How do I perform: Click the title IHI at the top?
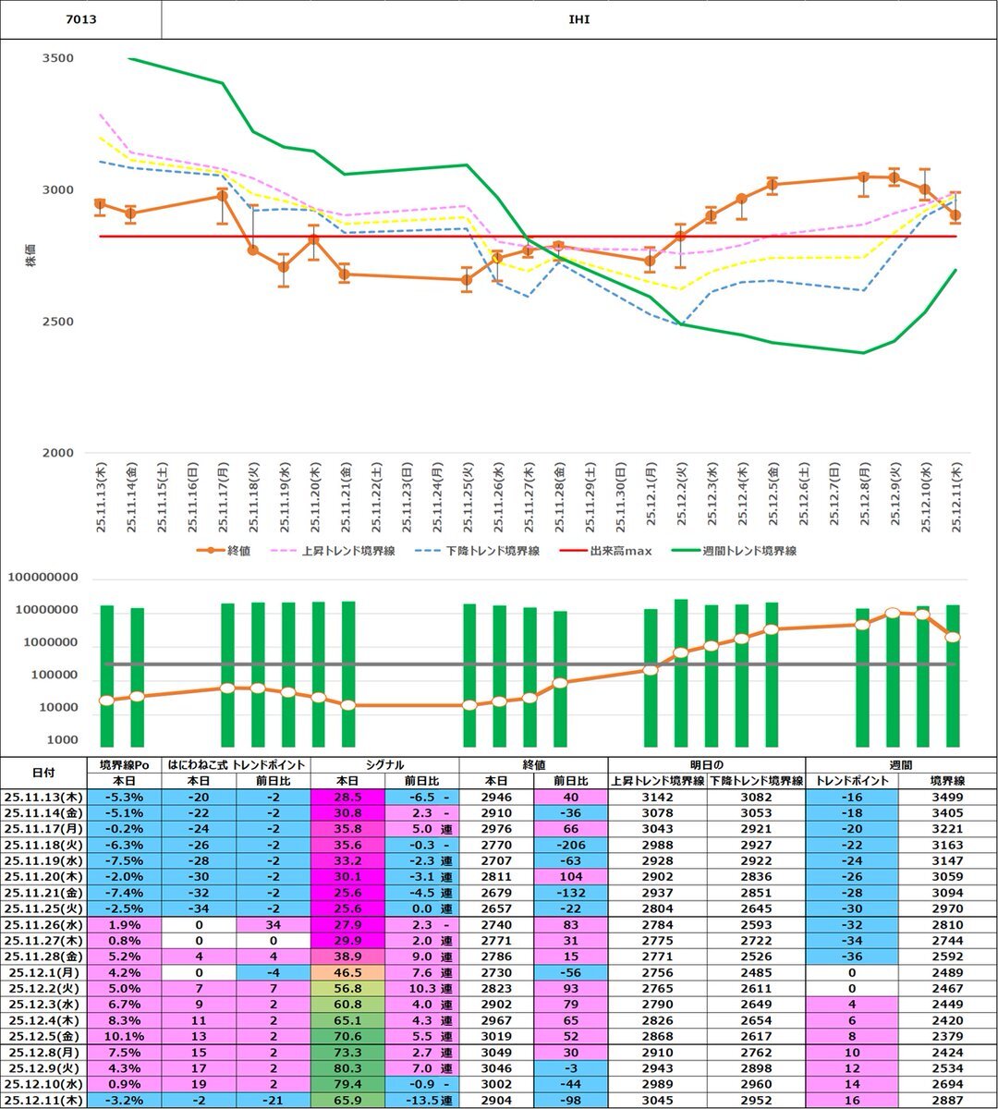pyautogui.click(x=579, y=19)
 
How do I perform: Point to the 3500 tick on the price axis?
pyautogui.click(x=58, y=58)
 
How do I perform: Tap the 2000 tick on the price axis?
pyautogui.click(x=58, y=454)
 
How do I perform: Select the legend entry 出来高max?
pyautogui.click(x=620, y=551)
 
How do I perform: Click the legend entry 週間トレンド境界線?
pyautogui.click(x=748, y=551)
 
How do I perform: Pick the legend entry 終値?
pyautogui.click(x=237, y=551)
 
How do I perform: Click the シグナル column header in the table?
pyautogui.click(x=384, y=765)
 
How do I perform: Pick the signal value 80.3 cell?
pyautogui.click(x=347, y=1068)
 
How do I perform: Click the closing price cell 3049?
pyautogui.click(x=496, y=1053)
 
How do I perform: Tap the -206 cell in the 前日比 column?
pyautogui.click(x=570, y=845)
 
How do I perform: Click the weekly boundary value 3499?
pyautogui.click(x=947, y=797)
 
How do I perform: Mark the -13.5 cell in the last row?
pyautogui.click(x=420, y=1100)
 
